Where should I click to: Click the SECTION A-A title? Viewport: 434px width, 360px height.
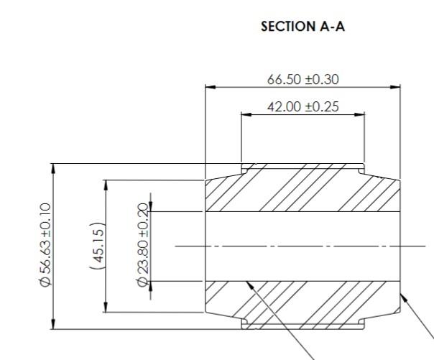tap(302, 27)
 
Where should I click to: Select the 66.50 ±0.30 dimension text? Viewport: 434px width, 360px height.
tap(303, 80)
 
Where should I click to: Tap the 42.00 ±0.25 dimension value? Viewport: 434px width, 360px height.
tap(303, 107)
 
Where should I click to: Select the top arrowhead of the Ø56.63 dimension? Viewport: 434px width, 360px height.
tap(52, 167)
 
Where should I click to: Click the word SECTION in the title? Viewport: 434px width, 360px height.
tap(287, 27)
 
